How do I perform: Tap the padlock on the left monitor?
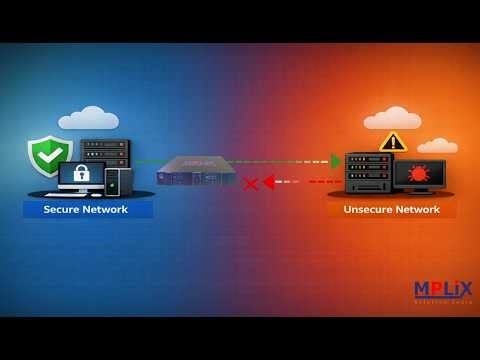click(82, 174)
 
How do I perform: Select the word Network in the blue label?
click(107, 210)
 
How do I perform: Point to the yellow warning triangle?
click(393, 141)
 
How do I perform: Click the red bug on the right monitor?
click(418, 174)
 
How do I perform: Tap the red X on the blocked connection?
click(250, 183)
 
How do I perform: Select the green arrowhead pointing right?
click(337, 161)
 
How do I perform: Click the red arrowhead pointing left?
click(268, 182)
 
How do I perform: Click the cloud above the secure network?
click(88, 119)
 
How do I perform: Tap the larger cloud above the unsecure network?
click(391, 118)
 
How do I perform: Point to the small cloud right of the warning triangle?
click(437, 146)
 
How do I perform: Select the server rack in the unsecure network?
click(368, 172)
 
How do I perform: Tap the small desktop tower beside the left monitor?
click(118, 181)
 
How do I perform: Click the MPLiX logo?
click(443, 290)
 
